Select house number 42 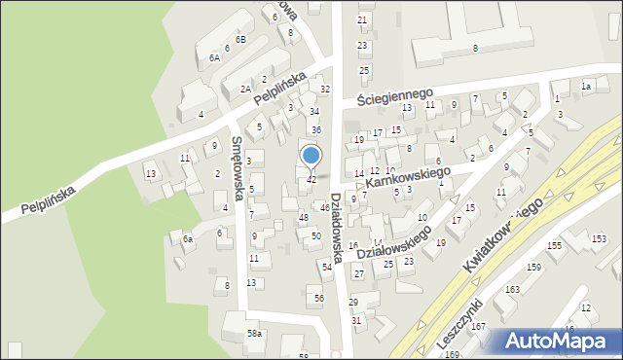click(311, 180)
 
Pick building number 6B click(240, 39)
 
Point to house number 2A click(245, 89)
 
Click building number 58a click(254, 334)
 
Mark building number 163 click(512, 290)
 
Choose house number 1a click(586, 87)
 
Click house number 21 click(362, 19)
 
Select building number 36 click(315, 130)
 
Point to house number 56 click(318, 298)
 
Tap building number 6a click(188, 238)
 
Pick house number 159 click(533, 267)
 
